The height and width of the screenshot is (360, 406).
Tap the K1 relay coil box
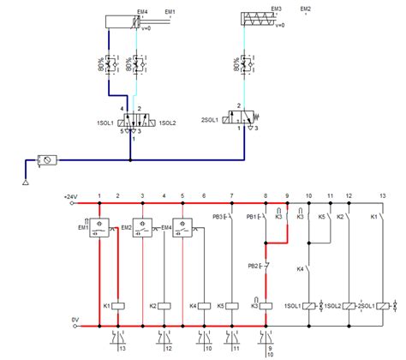pyautogui.click(x=119, y=305)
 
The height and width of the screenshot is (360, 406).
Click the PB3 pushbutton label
pyautogui.click(x=218, y=218)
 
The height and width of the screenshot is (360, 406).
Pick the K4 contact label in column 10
pyautogui.click(x=300, y=271)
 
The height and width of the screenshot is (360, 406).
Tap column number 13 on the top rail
pyautogui.click(x=382, y=197)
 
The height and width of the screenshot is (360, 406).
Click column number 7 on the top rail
pyautogui.click(x=231, y=197)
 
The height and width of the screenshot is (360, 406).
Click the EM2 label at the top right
pyautogui.click(x=306, y=9)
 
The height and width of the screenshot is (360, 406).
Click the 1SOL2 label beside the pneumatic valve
pyautogui.click(x=166, y=123)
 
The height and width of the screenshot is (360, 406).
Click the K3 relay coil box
pyautogui.click(x=266, y=305)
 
